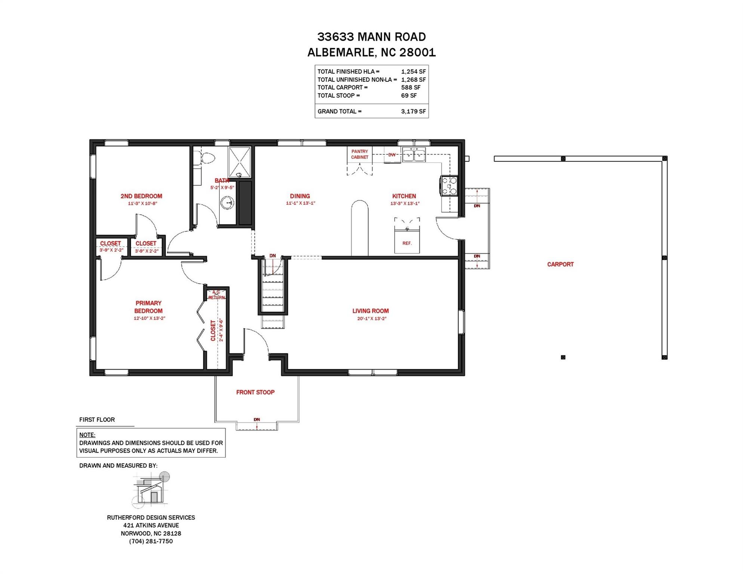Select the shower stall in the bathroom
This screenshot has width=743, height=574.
(x=240, y=163)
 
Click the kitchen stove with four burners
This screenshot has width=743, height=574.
(x=449, y=186)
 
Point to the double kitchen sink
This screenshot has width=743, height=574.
(x=414, y=155)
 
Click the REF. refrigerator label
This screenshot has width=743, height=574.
(x=407, y=243)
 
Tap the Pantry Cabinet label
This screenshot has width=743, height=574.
(x=360, y=154)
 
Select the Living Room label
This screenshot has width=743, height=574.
(x=370, y=311)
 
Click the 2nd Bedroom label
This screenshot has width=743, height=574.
(x=141, y=196)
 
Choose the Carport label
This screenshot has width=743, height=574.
(x=560, y=264)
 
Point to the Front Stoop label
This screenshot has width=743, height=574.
(x=255, y=392)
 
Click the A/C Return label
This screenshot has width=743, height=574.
(x=216, y=295)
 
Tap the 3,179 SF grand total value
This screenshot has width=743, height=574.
(x=413, y=111)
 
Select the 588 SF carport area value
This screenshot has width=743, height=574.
(x=411, y=87)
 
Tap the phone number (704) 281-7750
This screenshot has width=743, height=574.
(x=151, y=541)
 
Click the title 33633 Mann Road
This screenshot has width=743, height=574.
(x=371, y=37)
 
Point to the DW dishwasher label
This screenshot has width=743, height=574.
(x=392, y=155)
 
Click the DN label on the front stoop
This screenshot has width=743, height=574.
(x=257, y=420)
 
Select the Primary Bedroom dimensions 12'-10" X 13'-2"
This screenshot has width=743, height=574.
(x=149, y=318)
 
